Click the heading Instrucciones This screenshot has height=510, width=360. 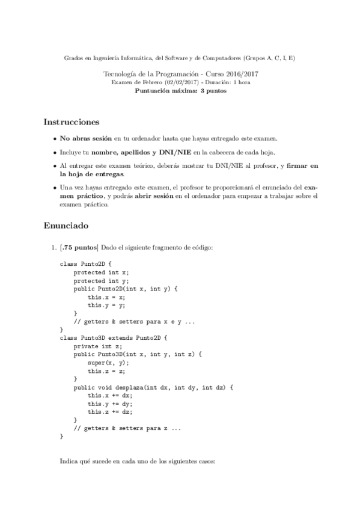(71, 122)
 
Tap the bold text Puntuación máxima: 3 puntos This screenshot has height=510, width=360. (180, 90)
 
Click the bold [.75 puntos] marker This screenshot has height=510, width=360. (79, 247)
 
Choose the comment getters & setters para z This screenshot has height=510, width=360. (127, 428)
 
